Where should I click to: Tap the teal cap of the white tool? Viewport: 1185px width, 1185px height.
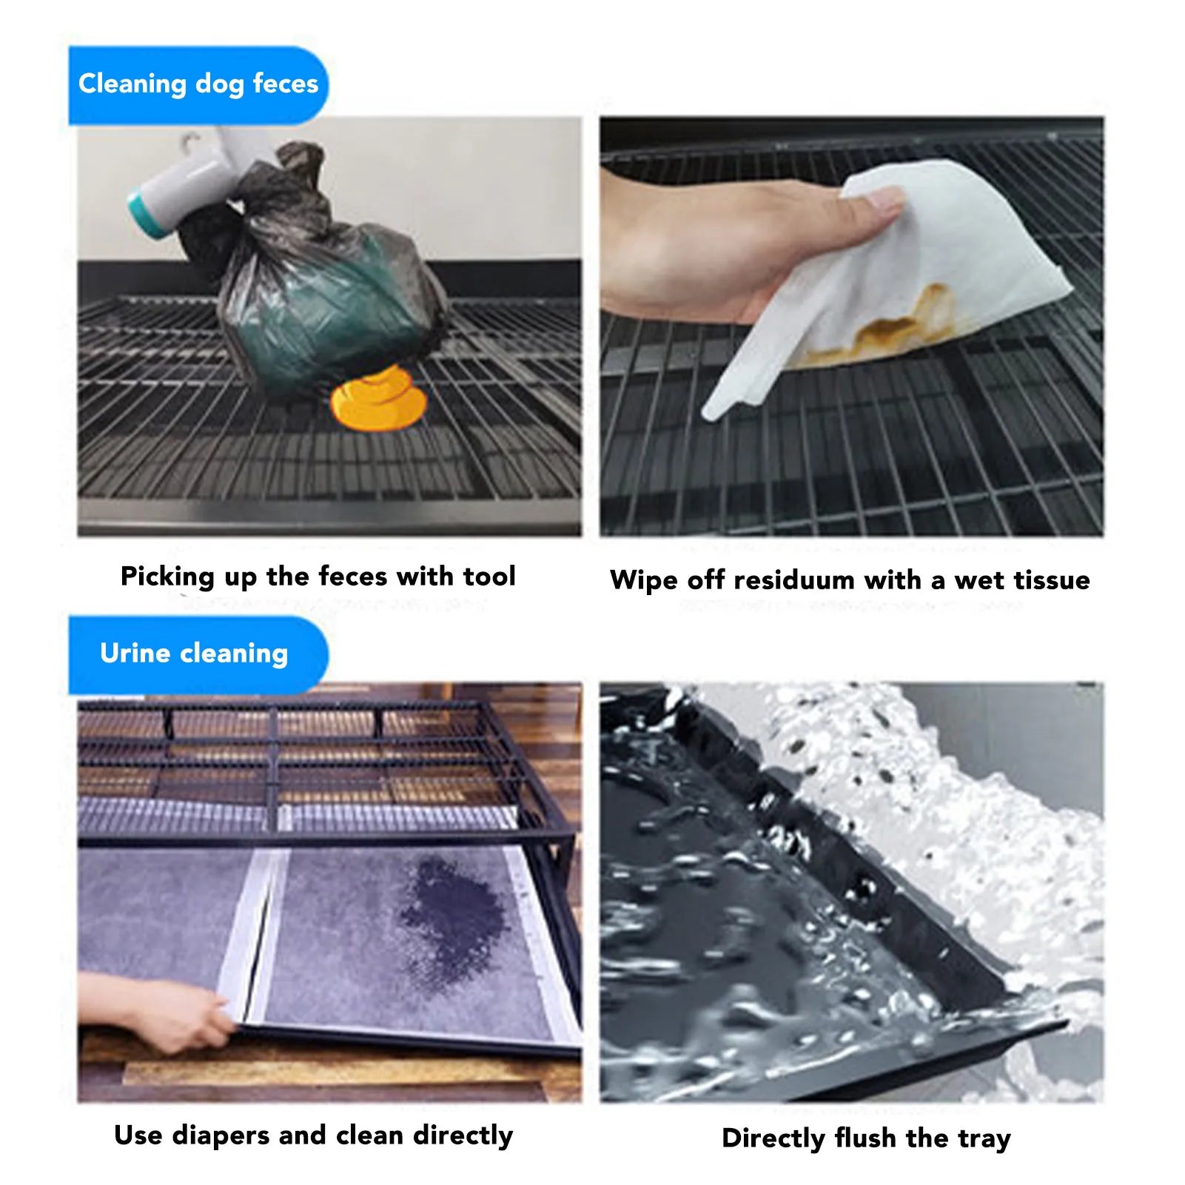coord(147,215)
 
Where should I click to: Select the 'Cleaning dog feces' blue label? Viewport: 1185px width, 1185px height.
coord(198,84)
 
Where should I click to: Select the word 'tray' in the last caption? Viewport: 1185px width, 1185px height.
coord(984,1138)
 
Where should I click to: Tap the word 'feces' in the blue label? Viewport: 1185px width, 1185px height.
coord(285,84)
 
